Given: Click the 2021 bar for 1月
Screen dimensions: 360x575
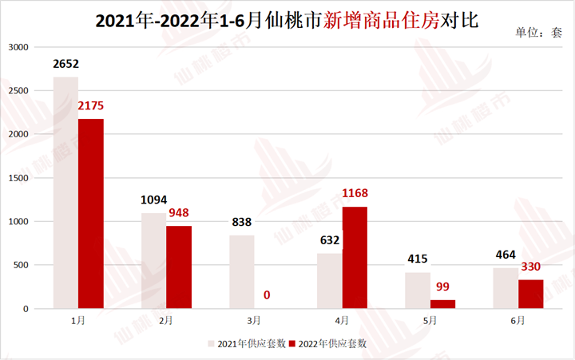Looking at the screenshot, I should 65,192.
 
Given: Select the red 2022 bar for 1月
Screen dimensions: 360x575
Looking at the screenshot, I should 90,214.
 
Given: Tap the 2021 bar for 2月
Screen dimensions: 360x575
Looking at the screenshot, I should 153,260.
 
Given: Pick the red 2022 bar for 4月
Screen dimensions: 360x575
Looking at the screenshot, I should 355,257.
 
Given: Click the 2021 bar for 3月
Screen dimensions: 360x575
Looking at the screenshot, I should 241,271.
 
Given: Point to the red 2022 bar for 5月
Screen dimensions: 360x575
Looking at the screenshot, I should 442,304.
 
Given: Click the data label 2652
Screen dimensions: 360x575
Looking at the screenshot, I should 66,64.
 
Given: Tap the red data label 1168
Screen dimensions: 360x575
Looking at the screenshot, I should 355,193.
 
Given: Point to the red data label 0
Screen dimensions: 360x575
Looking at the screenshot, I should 267,295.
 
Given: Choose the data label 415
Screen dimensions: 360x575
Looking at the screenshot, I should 418,259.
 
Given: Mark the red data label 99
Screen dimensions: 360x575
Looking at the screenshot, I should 443,287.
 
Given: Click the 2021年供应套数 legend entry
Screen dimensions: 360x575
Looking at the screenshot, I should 244,343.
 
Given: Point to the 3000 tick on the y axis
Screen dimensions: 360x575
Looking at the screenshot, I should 18,48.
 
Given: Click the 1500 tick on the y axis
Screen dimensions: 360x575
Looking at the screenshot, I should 18,178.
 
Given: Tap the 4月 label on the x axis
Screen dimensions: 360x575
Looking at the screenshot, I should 342,320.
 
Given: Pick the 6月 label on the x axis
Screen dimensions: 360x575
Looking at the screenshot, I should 517,320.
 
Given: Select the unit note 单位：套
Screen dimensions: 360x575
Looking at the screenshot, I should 539,33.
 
